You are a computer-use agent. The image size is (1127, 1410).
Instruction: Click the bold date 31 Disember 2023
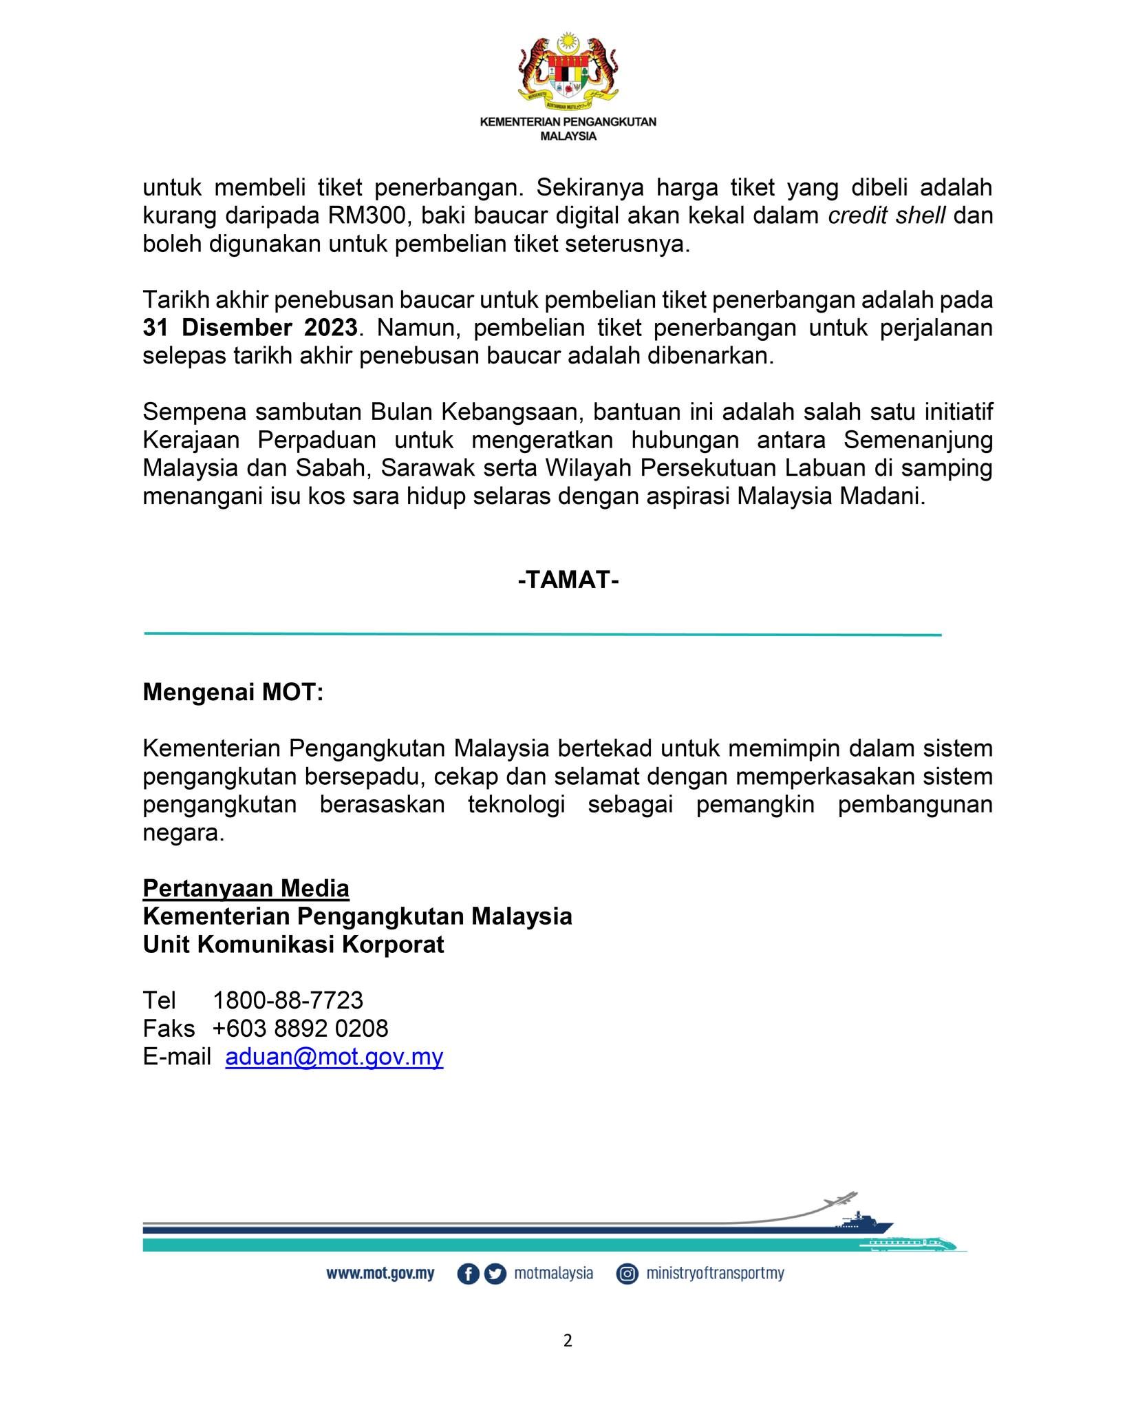pos(250,328)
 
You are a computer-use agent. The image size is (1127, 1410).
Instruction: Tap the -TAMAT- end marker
pos(568,580)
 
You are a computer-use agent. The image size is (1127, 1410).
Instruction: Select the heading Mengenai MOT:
pos(233,692)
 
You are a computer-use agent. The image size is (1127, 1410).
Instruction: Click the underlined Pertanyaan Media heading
pos(246,888)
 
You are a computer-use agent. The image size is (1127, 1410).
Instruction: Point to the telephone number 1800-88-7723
pos(288,1000)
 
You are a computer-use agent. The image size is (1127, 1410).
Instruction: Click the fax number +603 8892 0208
pos(300,1028)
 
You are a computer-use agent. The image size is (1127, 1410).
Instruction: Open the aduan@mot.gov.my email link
pos(334,1056)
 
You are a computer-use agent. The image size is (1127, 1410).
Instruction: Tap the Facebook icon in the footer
pos(468,1274)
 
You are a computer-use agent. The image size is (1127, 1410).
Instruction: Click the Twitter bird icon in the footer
pos(495,1274)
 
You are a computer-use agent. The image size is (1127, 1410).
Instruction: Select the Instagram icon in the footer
pos(627,1274)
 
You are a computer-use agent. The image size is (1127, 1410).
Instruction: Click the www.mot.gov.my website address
pos(380,1274)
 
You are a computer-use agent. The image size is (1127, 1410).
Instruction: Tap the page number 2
pos(568,1340)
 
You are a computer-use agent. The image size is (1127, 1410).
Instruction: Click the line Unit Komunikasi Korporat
pos(293,944)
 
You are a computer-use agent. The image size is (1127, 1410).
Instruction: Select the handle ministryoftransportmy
pos(715,1274)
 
